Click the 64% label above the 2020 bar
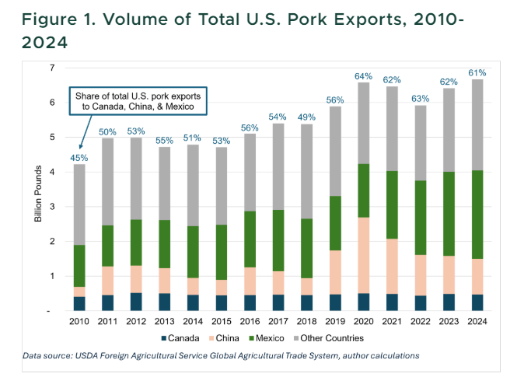[363, 76]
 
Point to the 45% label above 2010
[79, 158]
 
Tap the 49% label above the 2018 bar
[306, 118]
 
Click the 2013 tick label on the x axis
[164, 320]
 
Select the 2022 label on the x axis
[420, 320]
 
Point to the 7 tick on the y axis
[51, 68]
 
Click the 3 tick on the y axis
[51, 207]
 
